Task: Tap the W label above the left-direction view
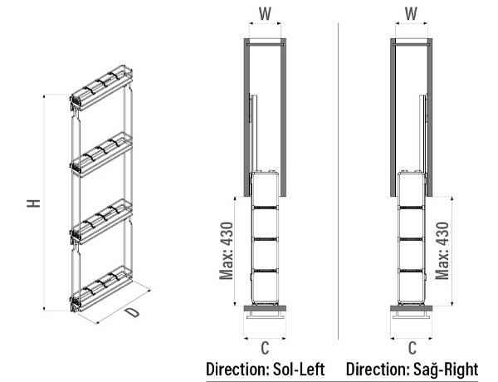(265, 14)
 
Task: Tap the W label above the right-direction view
(413, 14)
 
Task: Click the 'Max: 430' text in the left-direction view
(227, 250)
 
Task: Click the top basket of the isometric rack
(100, 88)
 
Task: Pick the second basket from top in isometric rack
(100, 154)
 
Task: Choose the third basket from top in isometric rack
(100, 219)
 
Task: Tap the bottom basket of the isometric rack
(100, 287)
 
